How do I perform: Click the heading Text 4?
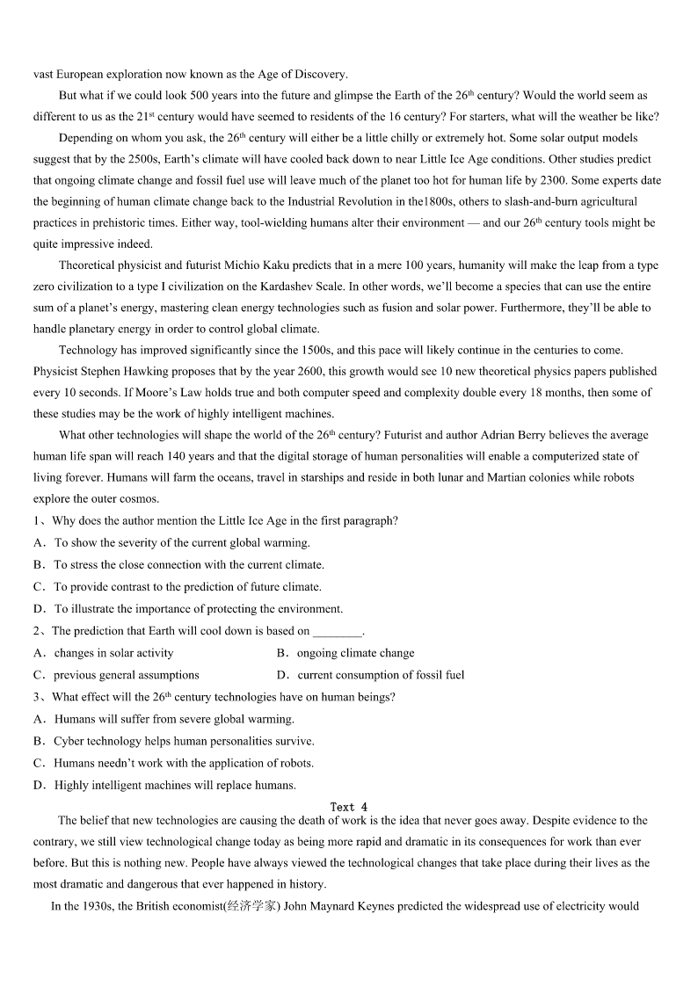(349, 807)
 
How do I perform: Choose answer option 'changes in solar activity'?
(114, 653)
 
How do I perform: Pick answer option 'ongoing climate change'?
(355, 653)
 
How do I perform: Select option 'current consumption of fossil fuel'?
(381, 675)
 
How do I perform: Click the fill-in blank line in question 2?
(338, 631)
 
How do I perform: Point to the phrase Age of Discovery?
(304, 74)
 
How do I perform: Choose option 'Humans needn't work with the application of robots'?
(184, 763)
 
